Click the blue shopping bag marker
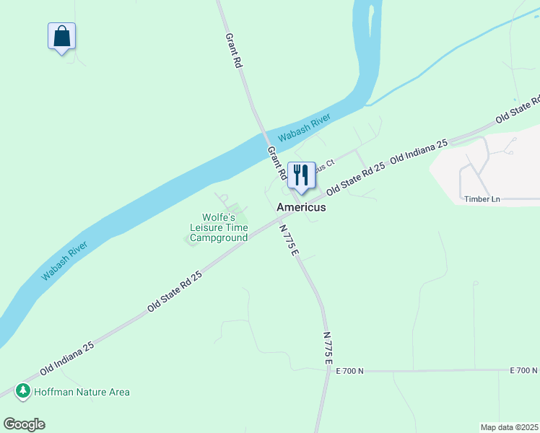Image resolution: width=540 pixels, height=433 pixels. click(x=62, y=36)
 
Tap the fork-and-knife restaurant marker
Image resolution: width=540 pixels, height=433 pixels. click(x=302, y=175)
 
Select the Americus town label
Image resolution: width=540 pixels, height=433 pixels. click(x=301, y=207)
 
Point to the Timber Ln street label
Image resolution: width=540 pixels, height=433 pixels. click(x=482, y=199)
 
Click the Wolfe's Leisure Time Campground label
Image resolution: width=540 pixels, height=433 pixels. click(x=219, y=227)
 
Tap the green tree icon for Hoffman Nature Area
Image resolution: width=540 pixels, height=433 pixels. click(x=23, y=391)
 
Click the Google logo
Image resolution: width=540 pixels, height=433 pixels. click(x=24, y=424)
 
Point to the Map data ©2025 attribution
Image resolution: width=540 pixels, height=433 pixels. click(x=510, y=427)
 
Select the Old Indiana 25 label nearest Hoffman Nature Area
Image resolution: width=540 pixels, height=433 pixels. click(x=67, y=358)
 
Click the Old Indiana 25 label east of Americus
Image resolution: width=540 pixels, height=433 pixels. click(x=419, y=151)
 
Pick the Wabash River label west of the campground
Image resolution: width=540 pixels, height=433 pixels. click(x=65, y=261)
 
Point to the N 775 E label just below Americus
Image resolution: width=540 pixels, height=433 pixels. click(x=289, y=240)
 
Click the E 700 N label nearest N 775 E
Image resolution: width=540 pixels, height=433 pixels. click(x=350, y=371)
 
